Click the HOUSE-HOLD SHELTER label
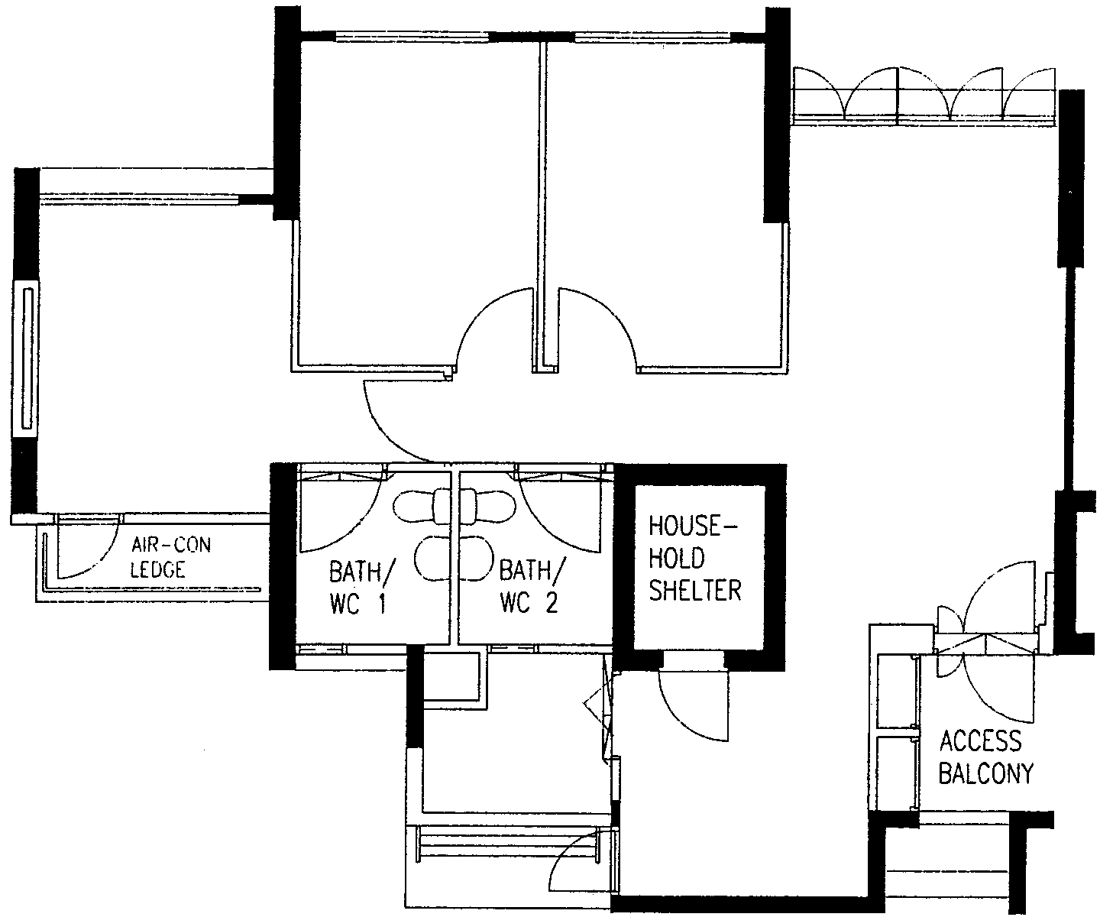[694, 559]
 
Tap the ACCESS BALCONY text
[985, 757]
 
